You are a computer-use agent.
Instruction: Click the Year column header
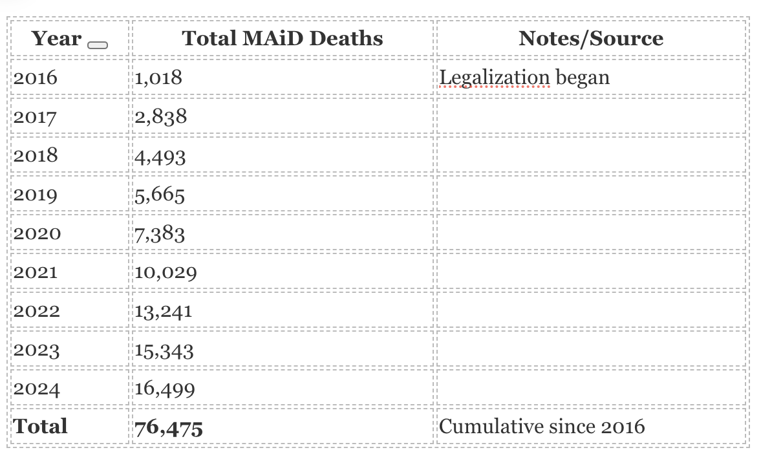(x=57, y=39)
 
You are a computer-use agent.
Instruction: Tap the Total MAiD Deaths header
(x=283, y=38)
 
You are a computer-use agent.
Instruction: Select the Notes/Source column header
(x=591, y=38)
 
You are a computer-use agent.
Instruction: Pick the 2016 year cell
(x=35, y=78)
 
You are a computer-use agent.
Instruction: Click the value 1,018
(x=158, y=78)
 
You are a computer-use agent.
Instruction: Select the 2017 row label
(x=35, y=117)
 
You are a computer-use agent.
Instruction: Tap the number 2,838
(x=161, y=117)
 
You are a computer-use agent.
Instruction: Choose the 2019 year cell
(x=35, y=195)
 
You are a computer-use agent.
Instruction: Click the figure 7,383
(x=160, y=233)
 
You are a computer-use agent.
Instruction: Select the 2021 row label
(x=35, y=272)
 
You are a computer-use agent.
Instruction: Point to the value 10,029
(x=166, y=272)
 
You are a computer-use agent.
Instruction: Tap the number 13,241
(x=164, y=311)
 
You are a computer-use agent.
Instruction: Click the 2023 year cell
(x=36, y=350)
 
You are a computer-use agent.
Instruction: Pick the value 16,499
(x=166, y=389)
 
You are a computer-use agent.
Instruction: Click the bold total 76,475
(x=169, y=427)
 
